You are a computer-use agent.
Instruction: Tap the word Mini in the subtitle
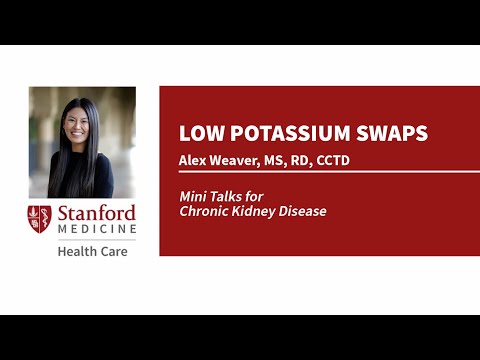tap(192, 197)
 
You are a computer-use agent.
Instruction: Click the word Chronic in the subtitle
tap(202, 211)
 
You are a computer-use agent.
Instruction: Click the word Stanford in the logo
tap(95, 214)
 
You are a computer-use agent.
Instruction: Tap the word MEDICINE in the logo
tap(95, 231)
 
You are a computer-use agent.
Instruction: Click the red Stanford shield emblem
tap(39, 221)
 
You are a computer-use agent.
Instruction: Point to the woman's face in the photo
tap(79, 125)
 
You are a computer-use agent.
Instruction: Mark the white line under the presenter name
tap(320, 172)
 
